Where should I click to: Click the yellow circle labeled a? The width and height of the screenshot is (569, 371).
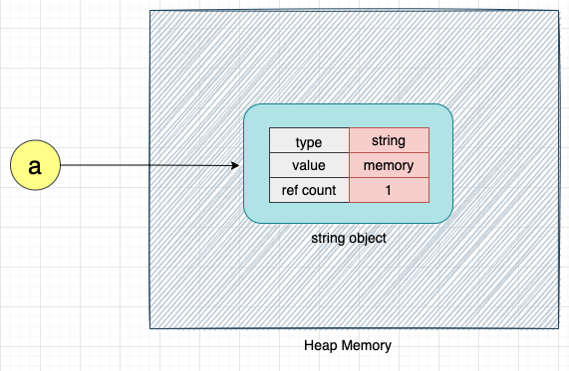(x=35, y=166)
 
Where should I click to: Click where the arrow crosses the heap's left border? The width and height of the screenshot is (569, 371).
(x=150, y=166)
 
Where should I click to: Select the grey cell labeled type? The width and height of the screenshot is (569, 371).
(x=309, y=141)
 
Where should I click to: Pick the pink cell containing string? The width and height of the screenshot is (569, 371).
(x=389, y=141)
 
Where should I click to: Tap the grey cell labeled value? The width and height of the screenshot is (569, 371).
(x=309, y=165)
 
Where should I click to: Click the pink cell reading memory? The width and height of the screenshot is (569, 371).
(x=389, y=165)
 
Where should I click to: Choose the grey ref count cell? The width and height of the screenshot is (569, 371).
(x=309, y=190)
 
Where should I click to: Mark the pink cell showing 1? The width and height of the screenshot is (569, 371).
(x=389, y=190)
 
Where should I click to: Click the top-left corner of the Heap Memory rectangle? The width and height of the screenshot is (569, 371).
(x=150, y=11)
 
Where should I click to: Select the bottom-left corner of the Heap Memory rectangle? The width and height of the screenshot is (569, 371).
(x=150, y=327)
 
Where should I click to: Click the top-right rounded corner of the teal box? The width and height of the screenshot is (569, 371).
(x=447, y=110)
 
